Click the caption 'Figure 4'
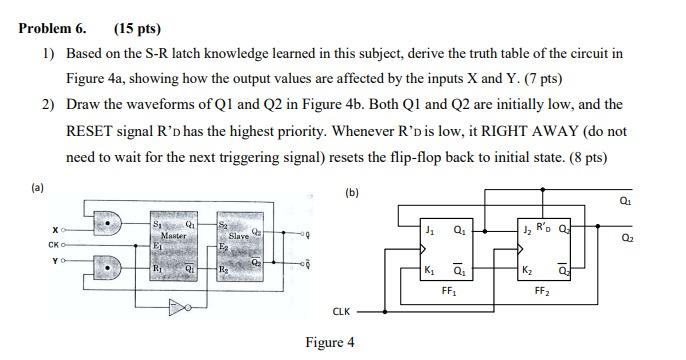pos(330,343)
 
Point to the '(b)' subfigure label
pos(350,192)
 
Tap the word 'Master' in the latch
pos(175,236)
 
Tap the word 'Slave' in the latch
pos(239,236)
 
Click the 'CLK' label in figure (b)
pos(340,311)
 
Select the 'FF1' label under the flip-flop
pos(447,292)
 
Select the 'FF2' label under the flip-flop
pos(541,292)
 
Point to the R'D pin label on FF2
pos(544,225)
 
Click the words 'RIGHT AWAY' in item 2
pos(469,131)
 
